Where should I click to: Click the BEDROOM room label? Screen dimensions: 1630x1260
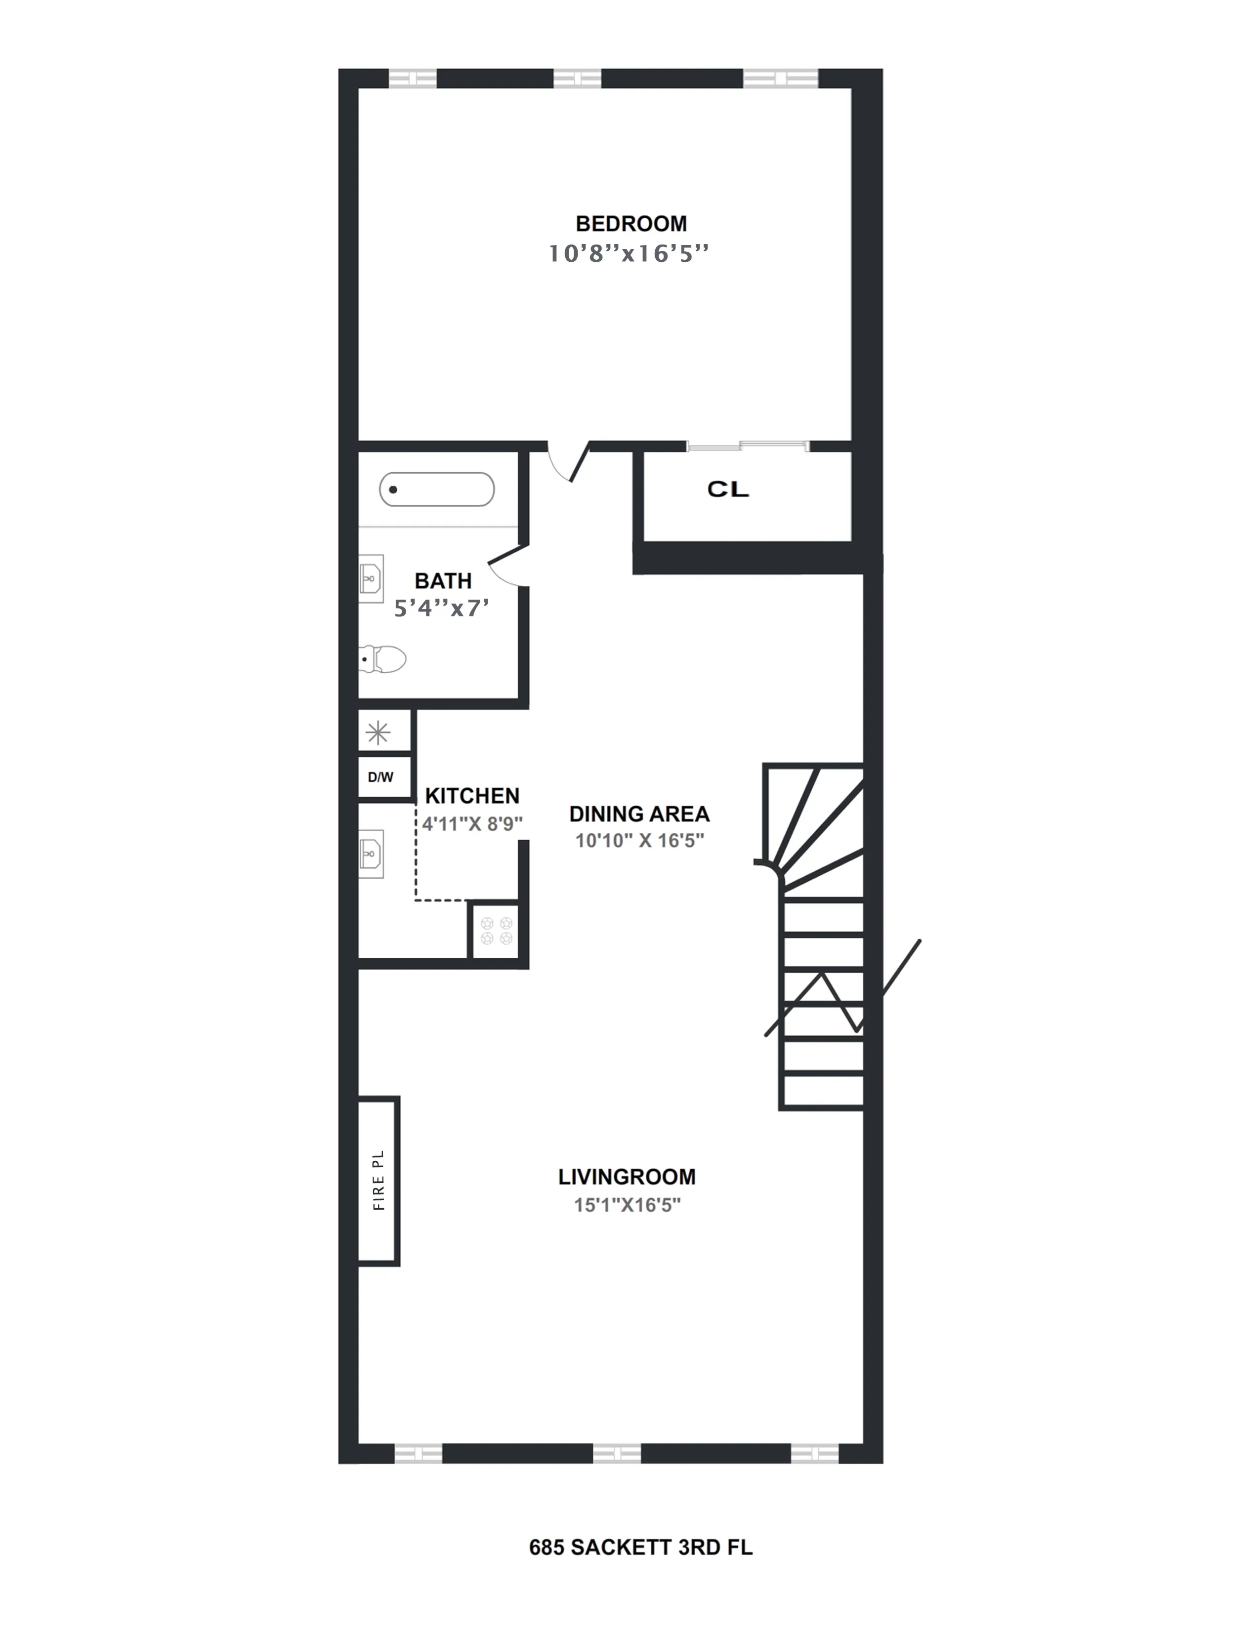[x=631, y=224]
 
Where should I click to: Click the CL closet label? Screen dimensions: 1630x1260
[x=728, y=489]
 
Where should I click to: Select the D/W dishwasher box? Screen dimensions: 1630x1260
[x=380, y=777]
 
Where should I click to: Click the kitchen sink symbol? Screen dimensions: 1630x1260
[x=372, y=853]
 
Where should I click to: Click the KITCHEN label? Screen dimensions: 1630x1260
[x=472, y=796]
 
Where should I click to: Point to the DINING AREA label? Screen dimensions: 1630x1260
[x=639, y=814]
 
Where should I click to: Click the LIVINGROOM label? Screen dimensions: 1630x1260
[x=627, y=1177]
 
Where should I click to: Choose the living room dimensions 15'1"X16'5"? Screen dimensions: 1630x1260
[x=627, y=1205]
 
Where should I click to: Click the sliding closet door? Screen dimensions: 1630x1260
[x=747, y=447]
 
